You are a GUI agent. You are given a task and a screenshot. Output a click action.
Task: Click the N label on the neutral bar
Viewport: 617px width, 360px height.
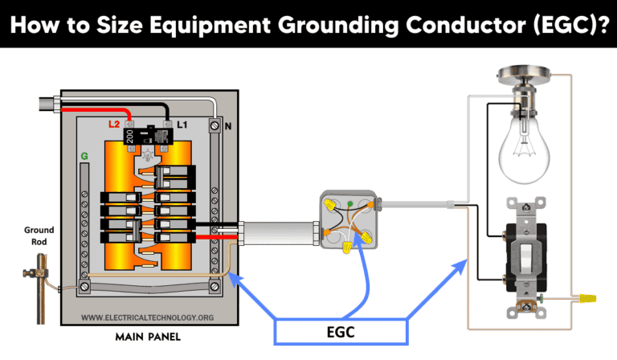(x=227, y=126)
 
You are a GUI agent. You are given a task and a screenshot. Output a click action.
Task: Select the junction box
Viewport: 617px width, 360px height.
(x=348, y=218)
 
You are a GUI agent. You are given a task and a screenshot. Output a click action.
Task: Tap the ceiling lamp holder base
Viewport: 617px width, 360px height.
(x=525, y=78)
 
